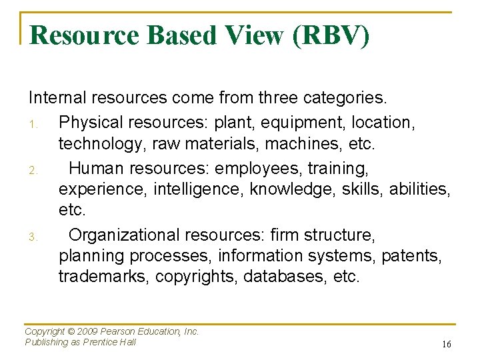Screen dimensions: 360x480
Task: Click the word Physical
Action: pos(87,123)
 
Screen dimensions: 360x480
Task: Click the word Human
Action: pos(98,169)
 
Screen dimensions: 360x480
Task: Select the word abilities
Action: pos(415,189)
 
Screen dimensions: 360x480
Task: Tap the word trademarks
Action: pos(103,276)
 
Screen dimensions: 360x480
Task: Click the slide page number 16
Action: pos(446,344)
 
